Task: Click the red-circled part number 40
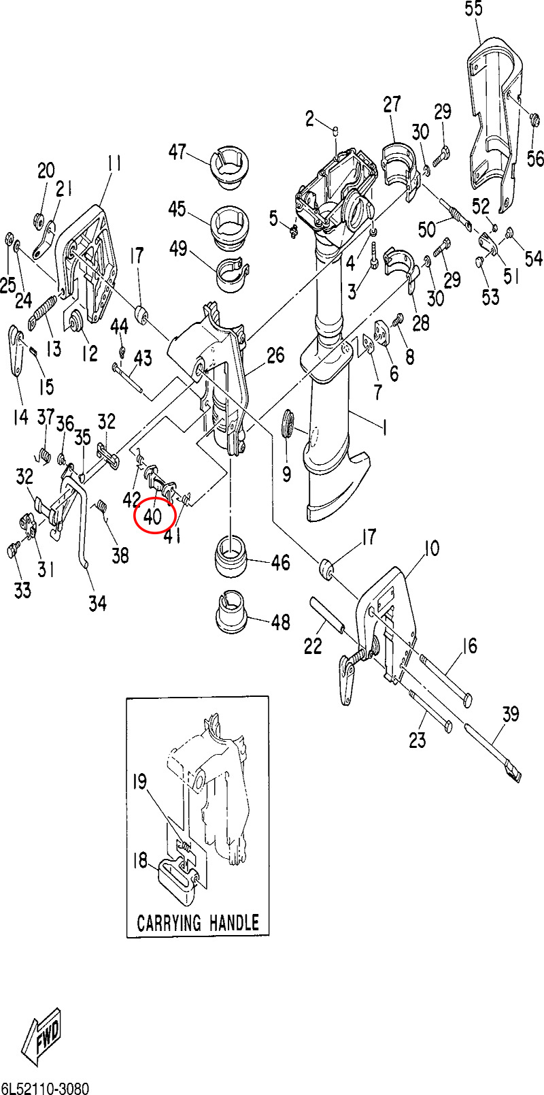pyautogui.click(x=154, y=516)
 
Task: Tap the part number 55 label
pyautogui.click(x=473, y=9)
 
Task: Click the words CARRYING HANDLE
pyautogui.click(x=198, y=922)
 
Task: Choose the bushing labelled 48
pyautogui.click(x=231, y=607)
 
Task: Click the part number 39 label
pyautogui.click(x=511, y=714)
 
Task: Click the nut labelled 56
pyautogui.click(x=534, y=121)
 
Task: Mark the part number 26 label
pyautogui.click(x=275, y=355)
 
